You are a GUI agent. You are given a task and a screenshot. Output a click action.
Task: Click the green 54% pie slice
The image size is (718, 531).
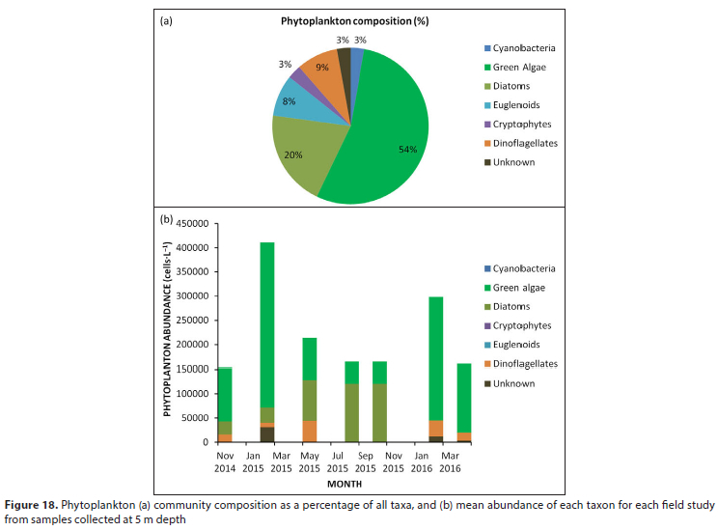(x=386, y=135)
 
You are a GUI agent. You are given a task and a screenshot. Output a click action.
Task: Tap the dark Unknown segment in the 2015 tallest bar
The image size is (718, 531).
(x=267, y=434)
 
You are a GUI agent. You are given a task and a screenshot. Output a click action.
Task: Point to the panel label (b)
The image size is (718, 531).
(x=166, y=218)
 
